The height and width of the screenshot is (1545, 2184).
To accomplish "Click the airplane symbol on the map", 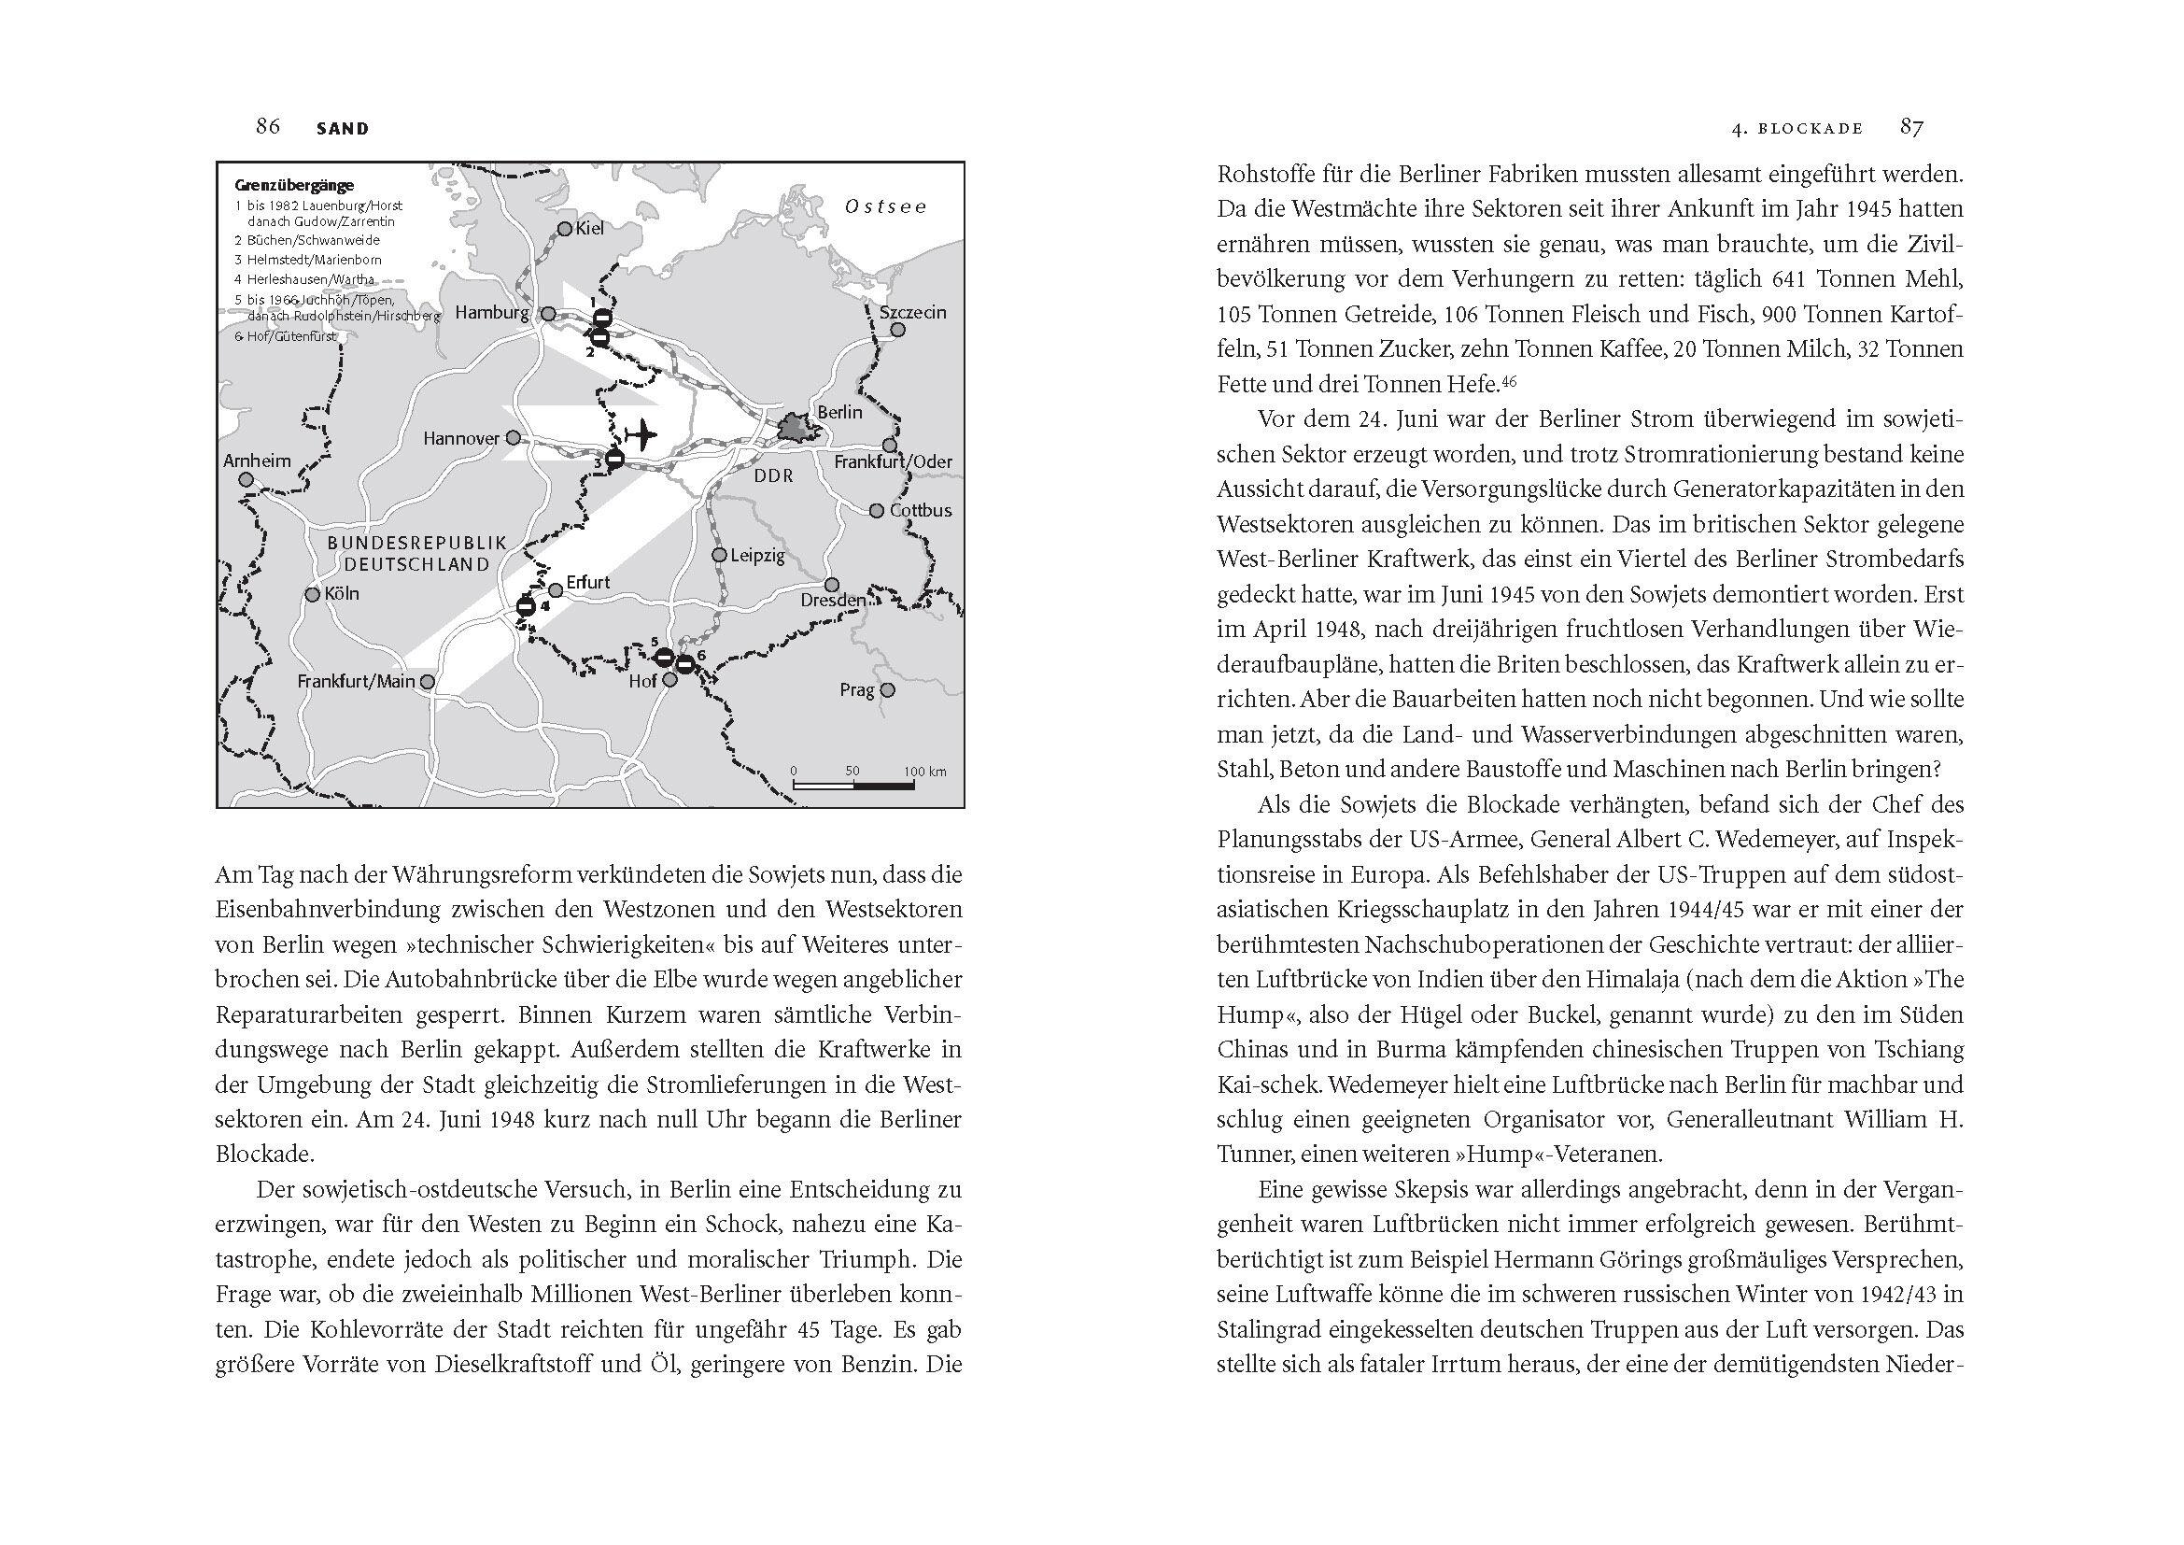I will [642, 434].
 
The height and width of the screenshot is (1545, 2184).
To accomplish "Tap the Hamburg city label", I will [491, 313].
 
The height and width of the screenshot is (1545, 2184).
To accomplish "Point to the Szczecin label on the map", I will [912, 312].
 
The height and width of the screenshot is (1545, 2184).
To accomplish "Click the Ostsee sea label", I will [884, 206].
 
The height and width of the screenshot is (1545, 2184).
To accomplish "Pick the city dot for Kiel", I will [565, 229].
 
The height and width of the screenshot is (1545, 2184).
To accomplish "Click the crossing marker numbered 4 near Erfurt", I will [526, 606].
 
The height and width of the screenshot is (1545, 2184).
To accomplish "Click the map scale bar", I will [853, 786].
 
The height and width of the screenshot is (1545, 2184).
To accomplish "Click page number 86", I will [267, 126].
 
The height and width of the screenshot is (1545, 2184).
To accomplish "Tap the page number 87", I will [1912, 126].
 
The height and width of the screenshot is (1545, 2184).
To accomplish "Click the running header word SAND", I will [343, 128].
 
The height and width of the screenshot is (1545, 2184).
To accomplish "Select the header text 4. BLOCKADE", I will [1797, 128].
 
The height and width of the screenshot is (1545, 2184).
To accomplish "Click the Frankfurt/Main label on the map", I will [356, 682].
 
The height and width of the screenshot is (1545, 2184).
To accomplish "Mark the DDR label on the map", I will [773, 475].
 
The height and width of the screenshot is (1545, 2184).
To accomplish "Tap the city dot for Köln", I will [313, 595].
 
